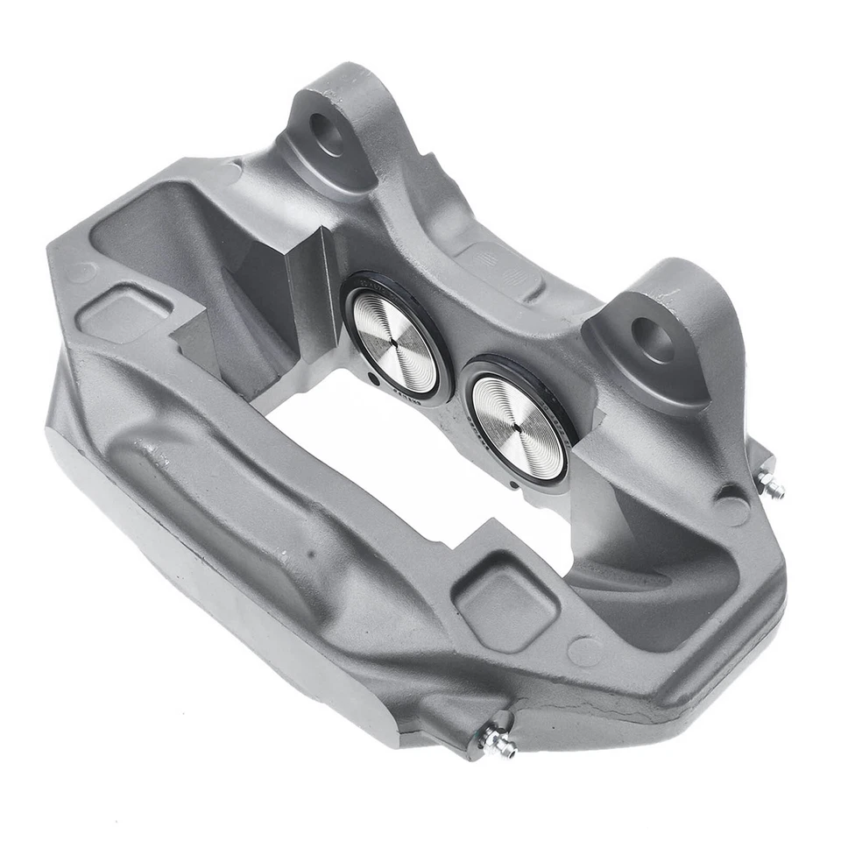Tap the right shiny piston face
[518, 428]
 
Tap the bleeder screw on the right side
[768, 484]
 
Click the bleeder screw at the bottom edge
[497, 740]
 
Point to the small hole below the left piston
[374, 379]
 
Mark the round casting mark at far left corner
[81, 272]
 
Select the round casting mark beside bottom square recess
[585, 651]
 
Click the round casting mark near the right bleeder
[731, 509]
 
